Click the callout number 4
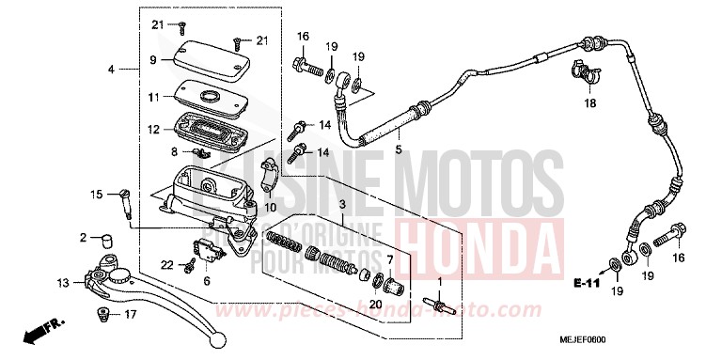coord(111,70)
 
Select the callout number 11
coord(154,97)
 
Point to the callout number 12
coord(154,129)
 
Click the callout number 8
coord(173,151)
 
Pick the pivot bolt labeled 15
coord(124,198)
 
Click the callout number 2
coord(83,237)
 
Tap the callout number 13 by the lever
coord(62,282)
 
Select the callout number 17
coord(131,314)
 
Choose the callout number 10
coord(271,207)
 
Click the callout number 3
coord(343,204)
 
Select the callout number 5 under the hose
coord(398,149)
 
